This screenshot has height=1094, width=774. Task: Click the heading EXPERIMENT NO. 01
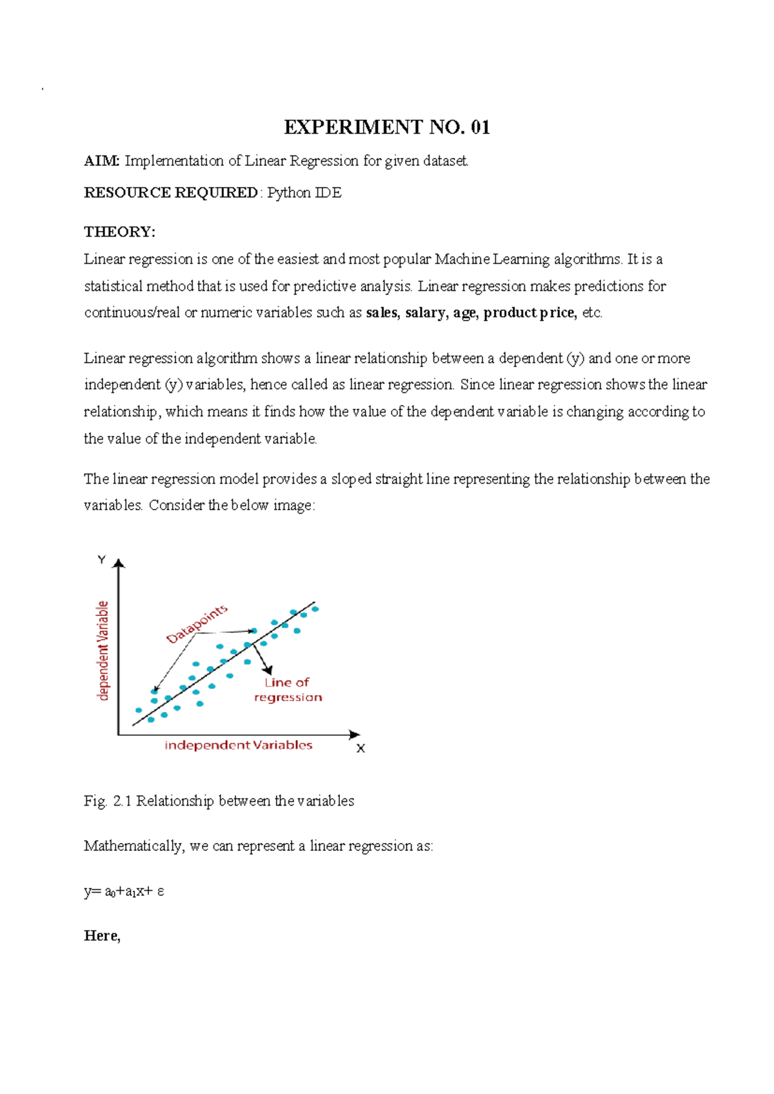[x=387, y=127]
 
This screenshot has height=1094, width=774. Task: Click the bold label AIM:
[x=101, y=161]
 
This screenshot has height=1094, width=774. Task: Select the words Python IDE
[x=304, y=193]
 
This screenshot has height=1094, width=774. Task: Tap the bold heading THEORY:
[x=119, y=232]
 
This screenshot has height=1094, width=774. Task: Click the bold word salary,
[x=426, y=313]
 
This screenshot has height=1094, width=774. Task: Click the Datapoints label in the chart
[x=197, y=624]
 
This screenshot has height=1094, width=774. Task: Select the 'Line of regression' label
[x=287, y=690]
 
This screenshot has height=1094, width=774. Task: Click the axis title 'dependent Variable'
[x=103, y=650]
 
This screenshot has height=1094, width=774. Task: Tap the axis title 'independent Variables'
[x=238, y=745]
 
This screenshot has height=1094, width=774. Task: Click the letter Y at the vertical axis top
[x=101, y=560]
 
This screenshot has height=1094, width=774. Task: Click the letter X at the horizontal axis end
[x=361, y=748]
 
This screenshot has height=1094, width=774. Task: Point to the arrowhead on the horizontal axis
[x=354, y=735]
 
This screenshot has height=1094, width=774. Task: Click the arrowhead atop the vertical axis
[x=118, y=563]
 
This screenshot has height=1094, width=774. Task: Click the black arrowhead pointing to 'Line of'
[x=268, y=670]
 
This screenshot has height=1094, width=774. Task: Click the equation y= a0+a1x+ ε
[x=124, y=891]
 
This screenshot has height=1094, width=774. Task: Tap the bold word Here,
[x=102, y=936]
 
